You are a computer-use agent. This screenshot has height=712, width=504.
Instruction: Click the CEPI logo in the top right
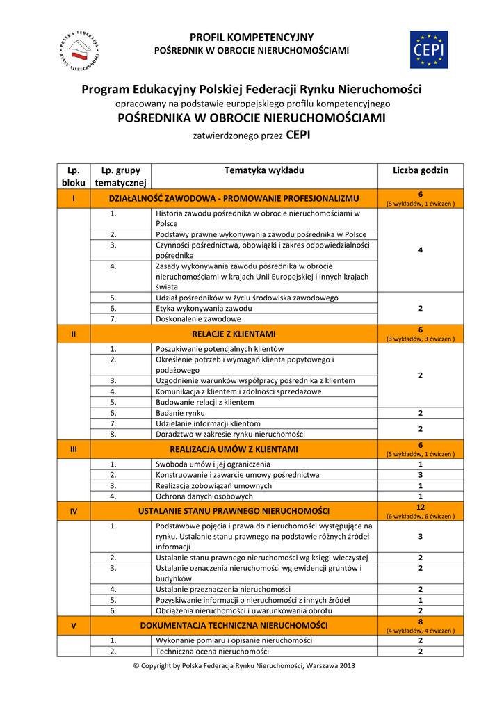[x=428, y=50]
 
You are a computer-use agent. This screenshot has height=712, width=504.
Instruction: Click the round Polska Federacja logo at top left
[x=78, y=51]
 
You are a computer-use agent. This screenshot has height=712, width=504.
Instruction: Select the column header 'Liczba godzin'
[x=420, y=170]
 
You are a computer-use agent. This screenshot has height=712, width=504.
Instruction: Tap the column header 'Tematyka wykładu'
[x=264, y=170]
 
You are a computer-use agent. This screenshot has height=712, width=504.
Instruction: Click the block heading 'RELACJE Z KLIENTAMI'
[x=234, y=334]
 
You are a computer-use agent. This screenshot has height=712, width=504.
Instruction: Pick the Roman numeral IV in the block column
[x=74, y=512]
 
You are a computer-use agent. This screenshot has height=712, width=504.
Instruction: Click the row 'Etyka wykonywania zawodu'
[x=204, y=308]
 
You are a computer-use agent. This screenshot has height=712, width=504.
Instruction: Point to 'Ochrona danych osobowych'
[x=204, y=496]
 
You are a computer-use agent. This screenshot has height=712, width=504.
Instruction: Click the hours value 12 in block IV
[x=420, y=508]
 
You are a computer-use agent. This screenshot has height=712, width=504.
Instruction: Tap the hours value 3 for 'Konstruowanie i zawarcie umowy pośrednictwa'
[x=420, y=475]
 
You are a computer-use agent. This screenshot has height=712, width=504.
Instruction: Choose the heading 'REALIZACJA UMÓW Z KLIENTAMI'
[x=234, y=449]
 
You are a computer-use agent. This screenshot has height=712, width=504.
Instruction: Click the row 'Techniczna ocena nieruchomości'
[x=212, y=652]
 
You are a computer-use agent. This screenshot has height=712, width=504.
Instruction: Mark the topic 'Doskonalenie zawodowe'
[x=198, y=319]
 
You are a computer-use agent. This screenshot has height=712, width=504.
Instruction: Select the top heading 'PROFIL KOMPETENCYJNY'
[x=252, y=38]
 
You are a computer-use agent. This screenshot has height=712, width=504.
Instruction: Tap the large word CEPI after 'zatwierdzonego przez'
[x=298, y=136]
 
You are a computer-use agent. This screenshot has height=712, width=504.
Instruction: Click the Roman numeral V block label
[x=74, y=626]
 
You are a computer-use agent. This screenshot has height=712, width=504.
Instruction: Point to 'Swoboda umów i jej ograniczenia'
[x=213, y=464]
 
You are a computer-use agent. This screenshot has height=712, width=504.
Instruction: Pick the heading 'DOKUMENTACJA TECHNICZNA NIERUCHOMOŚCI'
[x=234, y=626]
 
